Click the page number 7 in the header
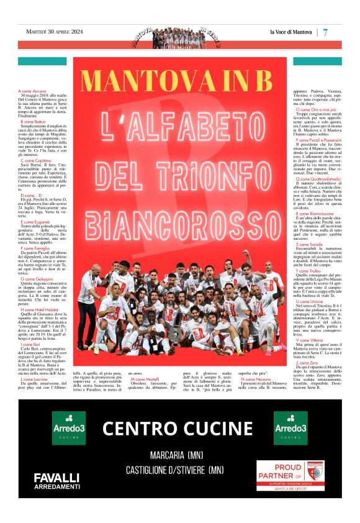[325, 32]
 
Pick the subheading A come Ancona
[32, 91]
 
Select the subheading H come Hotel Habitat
[40, 309]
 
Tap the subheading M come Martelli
[145, 378]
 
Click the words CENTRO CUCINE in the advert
[178, 429]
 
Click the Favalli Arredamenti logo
[56, 481]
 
